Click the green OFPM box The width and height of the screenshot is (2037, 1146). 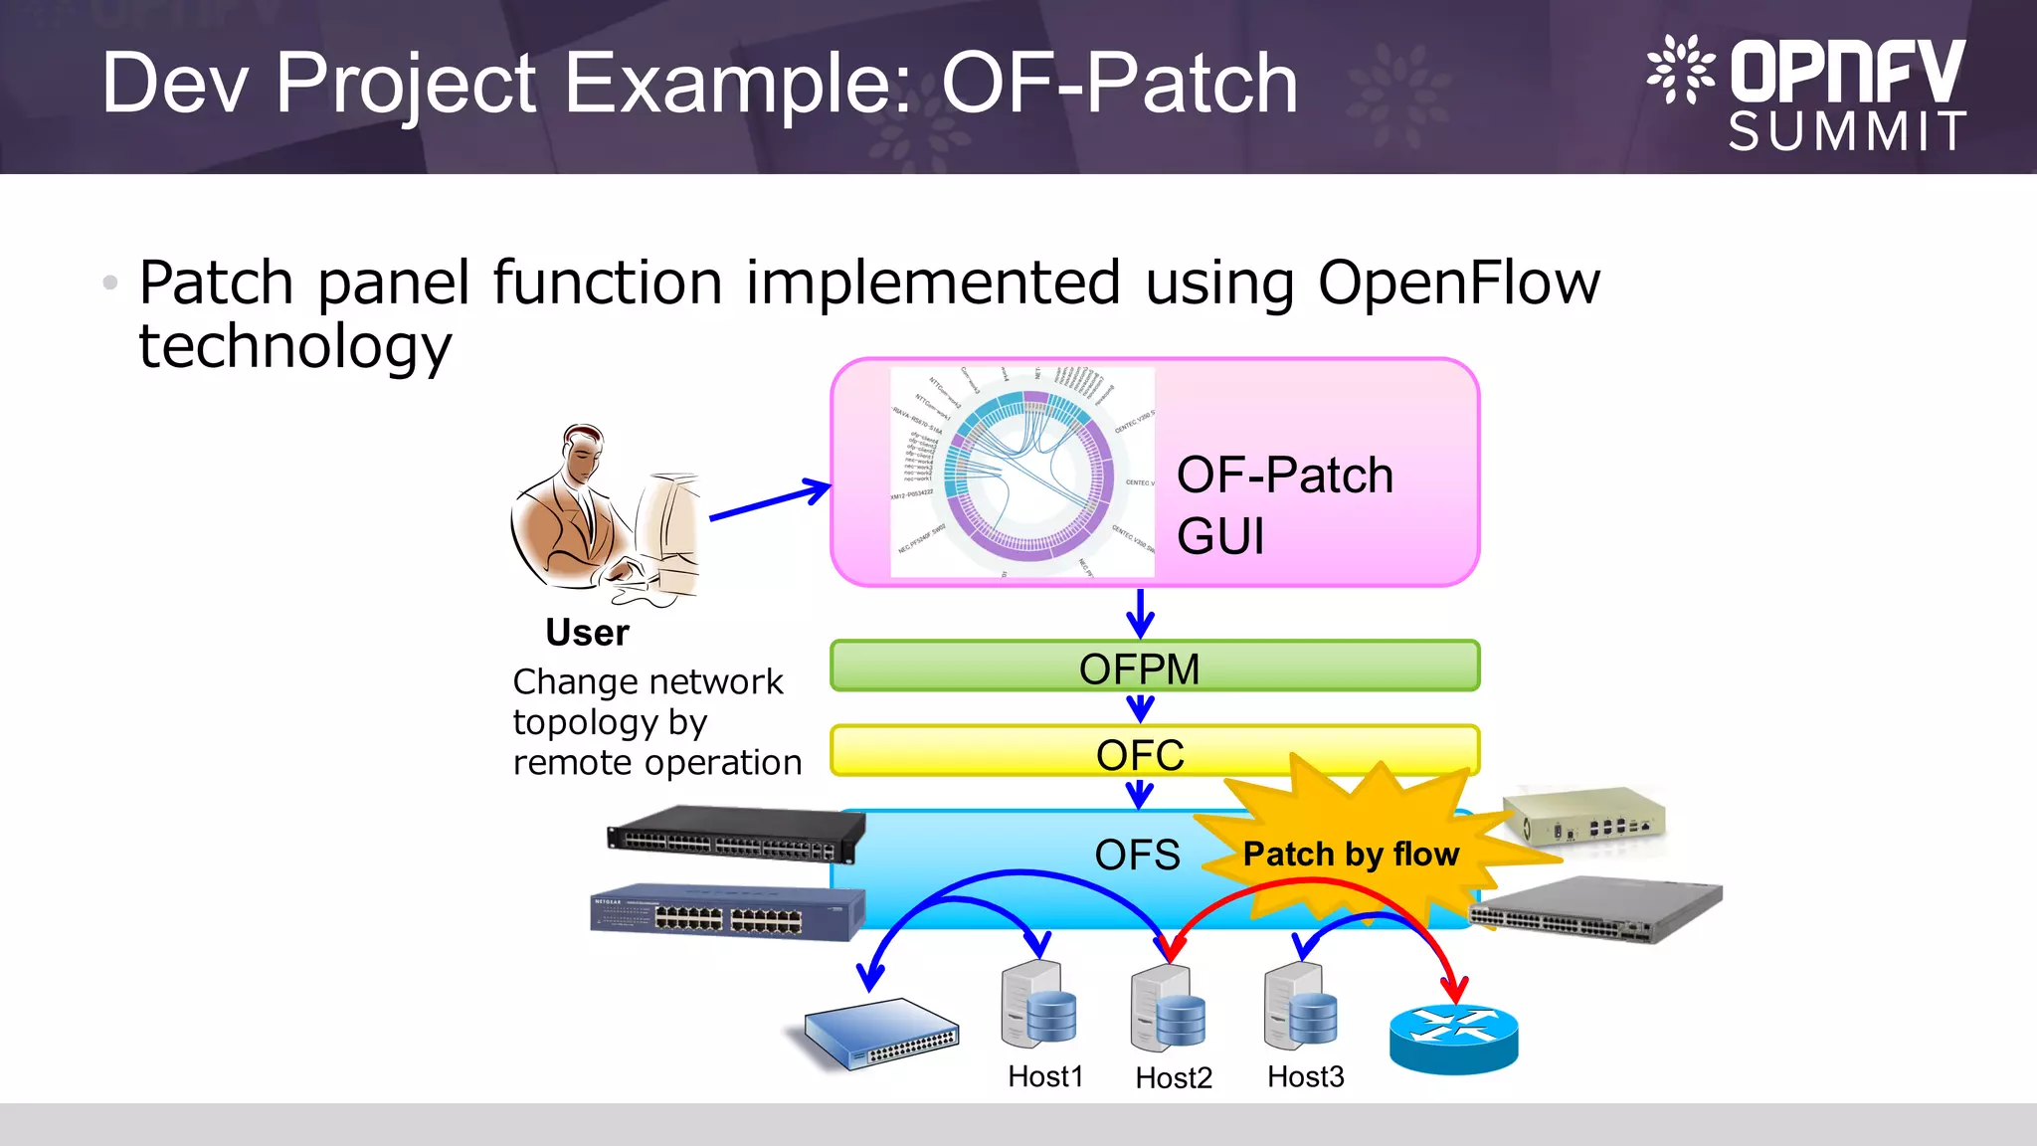pos(1154,667)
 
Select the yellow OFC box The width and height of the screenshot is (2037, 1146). pos(995,752)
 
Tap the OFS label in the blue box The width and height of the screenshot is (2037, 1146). pos(1137,856)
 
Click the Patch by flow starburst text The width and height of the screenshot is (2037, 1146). pos(1351,855)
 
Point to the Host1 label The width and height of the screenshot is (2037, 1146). pos(1044,1076)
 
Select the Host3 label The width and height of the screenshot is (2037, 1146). pos(1305,1076)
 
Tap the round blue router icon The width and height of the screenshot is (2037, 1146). pos(1453,1039)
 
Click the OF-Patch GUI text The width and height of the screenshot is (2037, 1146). pos(1284,504)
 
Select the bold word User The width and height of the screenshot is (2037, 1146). pos(587,633)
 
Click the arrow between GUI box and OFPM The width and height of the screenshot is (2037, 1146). pos(1140,613)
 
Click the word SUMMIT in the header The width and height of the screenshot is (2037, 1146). pos(1847,131)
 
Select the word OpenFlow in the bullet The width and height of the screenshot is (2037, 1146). pos(1458,283)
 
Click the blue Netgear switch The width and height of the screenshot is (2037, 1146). pos(726,911)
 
